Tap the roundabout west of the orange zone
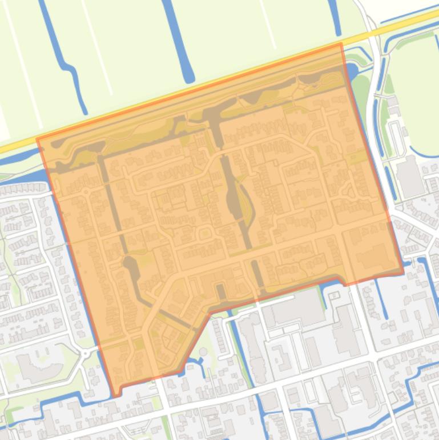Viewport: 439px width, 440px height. (x=86, y=354)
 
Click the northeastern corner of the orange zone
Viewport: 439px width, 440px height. (x=341, y=44)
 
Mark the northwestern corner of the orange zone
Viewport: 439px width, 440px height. (x=38, y=139)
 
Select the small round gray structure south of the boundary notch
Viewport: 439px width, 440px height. (x=204, y=351)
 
